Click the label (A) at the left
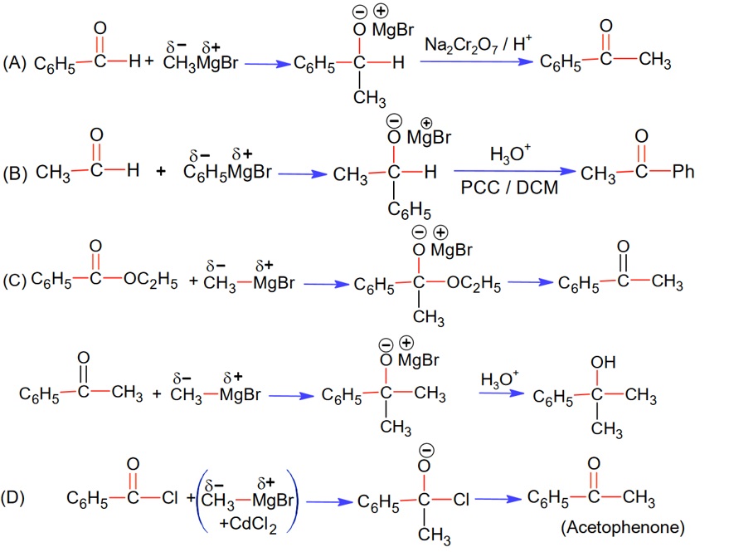click(16, 62)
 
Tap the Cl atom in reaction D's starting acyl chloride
click(168, 499)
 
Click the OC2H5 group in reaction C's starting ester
click(149, 281)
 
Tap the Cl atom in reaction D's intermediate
click(462, 501)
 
